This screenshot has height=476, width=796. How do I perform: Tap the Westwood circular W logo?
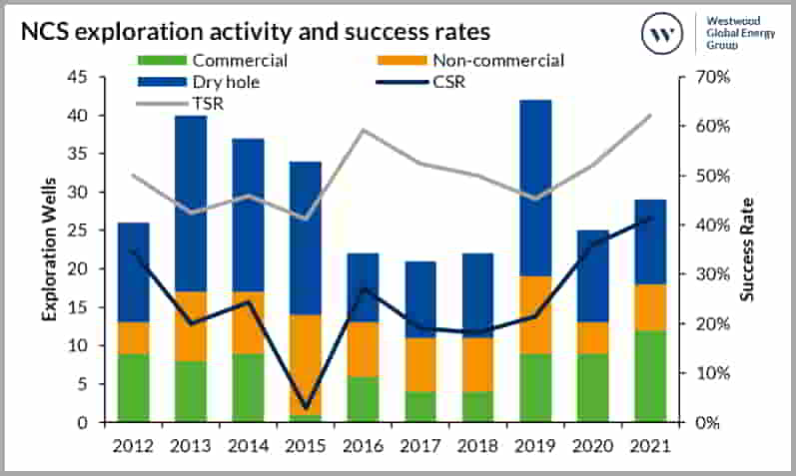pyautogui.click(x=660, y=34)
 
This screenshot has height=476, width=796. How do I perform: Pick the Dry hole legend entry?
pyautogui.click(x=211, y=82)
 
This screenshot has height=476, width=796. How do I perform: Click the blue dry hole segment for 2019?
pyautogui.click(x=535, y=188)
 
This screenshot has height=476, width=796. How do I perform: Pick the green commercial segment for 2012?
pyautogui.click(x=134, y=387)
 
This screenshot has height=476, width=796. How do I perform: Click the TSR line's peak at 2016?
pyautogui.click(x=365, y=130)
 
